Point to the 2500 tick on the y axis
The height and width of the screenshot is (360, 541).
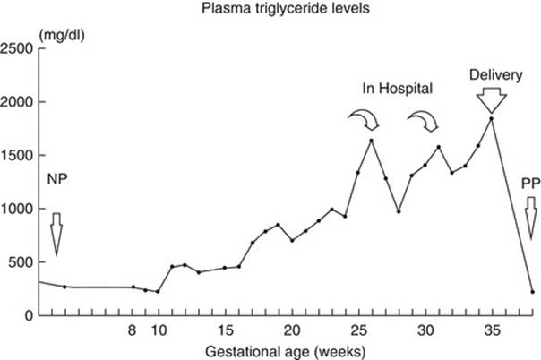click(x=18, y=47)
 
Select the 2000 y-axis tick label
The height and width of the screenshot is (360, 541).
click(x=18, y=101)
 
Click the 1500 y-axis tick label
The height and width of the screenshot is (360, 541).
click(x=18, y=155)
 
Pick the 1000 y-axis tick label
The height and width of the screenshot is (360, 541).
click(x=18, y=209)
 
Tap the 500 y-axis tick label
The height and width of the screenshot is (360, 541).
click(x=21, y=262)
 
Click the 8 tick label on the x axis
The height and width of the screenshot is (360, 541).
click(x=133, y=330)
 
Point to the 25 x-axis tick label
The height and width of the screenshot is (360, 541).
click(x=358, y=330)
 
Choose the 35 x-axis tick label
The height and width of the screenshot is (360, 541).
click(x=491, y=330)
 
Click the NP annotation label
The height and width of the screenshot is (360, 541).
click(x=56, y=178)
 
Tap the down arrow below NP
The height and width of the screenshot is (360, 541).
click(x=56, y=235)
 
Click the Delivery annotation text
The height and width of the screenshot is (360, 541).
click(x=491, y=74)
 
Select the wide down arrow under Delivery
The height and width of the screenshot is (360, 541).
click(x=491, y=99)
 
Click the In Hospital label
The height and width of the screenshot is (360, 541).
click(x=397, y=89)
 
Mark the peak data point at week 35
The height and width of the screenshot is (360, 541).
click(x=491, y=118)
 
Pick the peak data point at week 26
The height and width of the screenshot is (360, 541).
click(x=371, y=140)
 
